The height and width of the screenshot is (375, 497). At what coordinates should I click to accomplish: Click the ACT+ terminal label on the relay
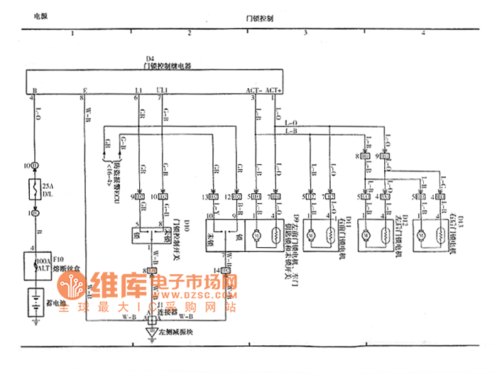pyautogui.click(x=274, y=91)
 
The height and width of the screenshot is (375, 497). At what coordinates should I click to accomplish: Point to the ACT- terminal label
pyautogui.click(x=253, y=91)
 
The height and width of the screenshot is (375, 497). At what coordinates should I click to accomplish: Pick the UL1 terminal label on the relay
pyautogui.click(x=162, y=91)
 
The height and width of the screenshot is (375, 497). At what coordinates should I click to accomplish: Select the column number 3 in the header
pyautogui.click(x=305, y=33)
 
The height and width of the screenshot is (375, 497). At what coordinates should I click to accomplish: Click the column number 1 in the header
pyautogui.click(x=72, y=33)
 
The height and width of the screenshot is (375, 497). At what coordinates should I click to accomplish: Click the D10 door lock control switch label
pyautogui.click(x=186, y=226)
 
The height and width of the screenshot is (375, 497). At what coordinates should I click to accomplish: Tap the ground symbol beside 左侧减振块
pyautogui.click(x=151, y=332)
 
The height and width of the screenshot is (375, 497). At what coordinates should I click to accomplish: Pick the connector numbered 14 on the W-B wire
pyautogui.click(x=217, y=270)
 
